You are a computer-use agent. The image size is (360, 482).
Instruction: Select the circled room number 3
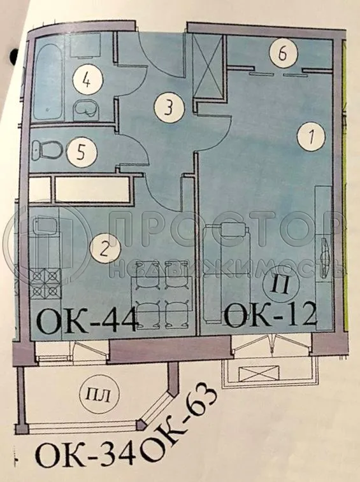(x=168, y=107)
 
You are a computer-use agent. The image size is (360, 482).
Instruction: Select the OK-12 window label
(x=271, y=315)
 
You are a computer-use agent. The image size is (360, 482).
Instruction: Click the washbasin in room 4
(x=85, y=110)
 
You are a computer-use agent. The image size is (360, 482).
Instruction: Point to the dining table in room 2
(x=163, y=292)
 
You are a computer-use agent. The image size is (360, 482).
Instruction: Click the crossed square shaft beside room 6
(x=207, y=67)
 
